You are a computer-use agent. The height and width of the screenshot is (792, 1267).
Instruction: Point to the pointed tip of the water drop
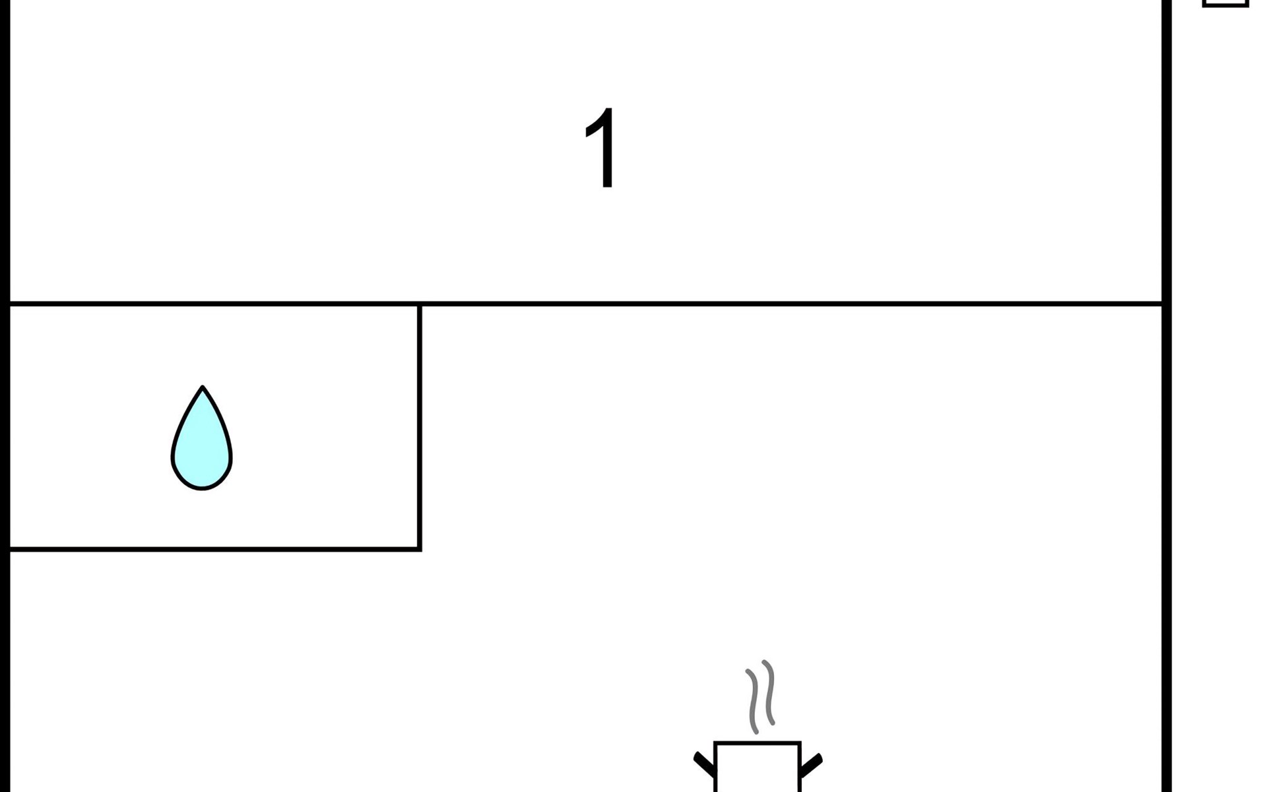click(x=203, y=389)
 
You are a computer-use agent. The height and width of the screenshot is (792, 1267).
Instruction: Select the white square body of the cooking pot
click(x=757, y=769)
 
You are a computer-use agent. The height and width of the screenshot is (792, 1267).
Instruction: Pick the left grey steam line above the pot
click(x=753, y=701)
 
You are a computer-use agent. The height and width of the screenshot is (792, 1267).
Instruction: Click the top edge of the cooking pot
click(x=757, y=743)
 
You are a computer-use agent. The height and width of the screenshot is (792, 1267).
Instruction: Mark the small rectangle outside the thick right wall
click(x=1225, y=3)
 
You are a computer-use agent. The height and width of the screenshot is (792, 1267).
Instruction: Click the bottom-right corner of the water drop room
click(x=419, y=548)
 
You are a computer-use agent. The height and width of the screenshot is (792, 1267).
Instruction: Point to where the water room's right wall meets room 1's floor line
click(x=419, y=304)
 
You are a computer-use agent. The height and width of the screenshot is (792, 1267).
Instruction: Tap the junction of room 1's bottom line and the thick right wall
click(x=1166, y=304)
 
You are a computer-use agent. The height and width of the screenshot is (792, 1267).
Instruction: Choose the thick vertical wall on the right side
click(x=1167, y=462)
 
